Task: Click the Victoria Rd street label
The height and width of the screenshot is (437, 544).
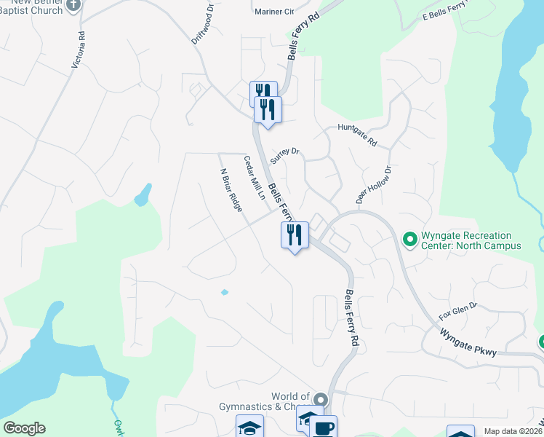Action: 79,50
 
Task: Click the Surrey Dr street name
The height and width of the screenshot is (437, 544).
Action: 285,155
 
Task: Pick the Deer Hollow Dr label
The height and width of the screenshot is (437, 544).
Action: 373,184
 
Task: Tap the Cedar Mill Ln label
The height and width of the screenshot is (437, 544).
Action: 253,179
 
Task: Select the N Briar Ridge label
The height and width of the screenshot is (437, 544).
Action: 231,190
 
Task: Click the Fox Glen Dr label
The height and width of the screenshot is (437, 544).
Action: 457,312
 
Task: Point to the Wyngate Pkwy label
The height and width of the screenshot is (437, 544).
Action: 468,342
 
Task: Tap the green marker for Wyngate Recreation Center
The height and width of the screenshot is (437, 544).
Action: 409,238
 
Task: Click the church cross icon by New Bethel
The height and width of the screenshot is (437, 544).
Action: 73,6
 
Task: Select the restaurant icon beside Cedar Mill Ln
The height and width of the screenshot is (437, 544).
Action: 295,235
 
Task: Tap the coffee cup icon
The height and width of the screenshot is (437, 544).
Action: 324,428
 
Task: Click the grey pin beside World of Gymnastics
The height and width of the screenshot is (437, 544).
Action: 321,399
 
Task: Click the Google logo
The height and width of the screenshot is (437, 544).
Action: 24,428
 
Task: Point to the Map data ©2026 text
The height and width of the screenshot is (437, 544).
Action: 513,431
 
